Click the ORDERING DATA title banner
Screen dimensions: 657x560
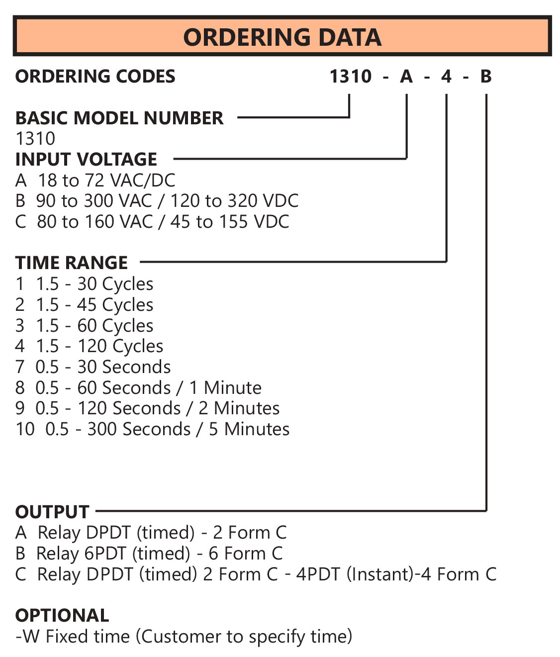pos(282,37)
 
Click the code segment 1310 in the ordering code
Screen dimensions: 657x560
pos(351,77)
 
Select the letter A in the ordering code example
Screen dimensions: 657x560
pos(406,77)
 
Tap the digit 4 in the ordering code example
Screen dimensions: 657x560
pos(446,77)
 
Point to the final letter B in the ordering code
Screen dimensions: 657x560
pos(486,77)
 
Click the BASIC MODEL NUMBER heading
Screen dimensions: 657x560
pos(119,118)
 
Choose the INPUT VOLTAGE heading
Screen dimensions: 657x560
pos(86,160)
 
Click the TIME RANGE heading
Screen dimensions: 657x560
pos(72,263)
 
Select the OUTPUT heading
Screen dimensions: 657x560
pos(52,512)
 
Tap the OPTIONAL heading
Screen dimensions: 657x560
pos(62,616)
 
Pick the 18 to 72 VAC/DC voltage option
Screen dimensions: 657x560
pos(95,181)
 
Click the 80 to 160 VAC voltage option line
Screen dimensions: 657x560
pos(152,222)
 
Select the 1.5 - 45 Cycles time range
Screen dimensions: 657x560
pos(85,305)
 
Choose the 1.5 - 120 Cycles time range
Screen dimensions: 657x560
pos(90,346)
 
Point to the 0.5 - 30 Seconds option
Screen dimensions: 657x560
pos(93,367)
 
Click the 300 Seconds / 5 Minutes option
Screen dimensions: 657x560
pos(153,429)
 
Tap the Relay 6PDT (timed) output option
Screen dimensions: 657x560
pos(149,554)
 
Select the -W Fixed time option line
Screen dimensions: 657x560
pos(184,637)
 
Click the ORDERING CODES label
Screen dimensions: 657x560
pos(95,77)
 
